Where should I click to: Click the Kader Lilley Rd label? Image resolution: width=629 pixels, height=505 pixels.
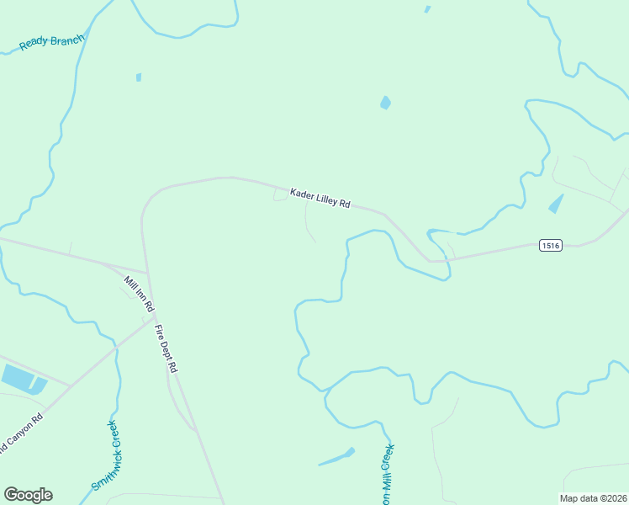(320, 199)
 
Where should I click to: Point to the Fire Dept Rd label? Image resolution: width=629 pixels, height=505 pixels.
(166, 345)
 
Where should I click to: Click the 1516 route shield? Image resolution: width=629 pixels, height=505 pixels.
(550, 245)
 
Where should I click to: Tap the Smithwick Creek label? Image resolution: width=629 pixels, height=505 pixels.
(106, 455)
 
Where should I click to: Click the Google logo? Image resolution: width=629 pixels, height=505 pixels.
(28, 495)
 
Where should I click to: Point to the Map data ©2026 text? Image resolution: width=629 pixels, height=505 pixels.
(594, 498)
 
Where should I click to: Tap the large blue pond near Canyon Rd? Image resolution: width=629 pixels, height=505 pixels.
(18, 378)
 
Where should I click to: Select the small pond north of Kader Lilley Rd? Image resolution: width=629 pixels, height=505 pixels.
(385, 103)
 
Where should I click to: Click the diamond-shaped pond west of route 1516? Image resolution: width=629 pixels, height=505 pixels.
(556, 204)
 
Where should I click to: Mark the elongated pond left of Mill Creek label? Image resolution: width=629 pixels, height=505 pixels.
(336, 457)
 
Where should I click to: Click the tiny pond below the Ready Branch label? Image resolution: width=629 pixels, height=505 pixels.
(139, 77)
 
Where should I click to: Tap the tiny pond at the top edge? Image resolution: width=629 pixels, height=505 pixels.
(427, 9)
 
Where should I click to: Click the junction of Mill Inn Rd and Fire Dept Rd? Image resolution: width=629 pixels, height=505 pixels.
(151, 317)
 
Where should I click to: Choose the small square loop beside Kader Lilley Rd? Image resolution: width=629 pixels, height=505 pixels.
(280, 195)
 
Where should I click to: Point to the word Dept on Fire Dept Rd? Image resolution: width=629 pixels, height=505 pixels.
(166, 346)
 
